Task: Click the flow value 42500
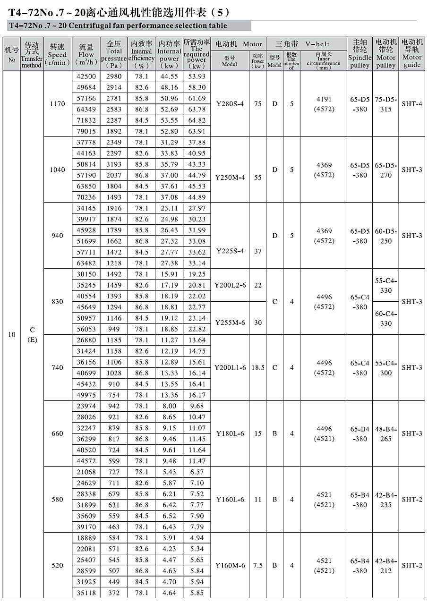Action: (x=86, y=76)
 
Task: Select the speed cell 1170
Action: (x=57, y=104)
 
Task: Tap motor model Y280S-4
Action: (x=230, y=104)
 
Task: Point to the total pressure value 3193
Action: (x=114, y=164)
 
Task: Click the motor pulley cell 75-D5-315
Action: (x=386, y=104)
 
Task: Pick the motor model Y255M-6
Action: (x=230, y=322)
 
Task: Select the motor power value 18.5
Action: (x=257, y=367)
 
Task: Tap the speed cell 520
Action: (x=57, y=565)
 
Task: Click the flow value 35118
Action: (x=86, y=593)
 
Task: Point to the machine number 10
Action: (x=12, y=335)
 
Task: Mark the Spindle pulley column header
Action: (x=360, y=54)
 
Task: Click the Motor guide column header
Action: (x=412, y=54)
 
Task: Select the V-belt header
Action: (x=306, y=44)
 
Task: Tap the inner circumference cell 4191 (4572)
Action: (x=324, y=104)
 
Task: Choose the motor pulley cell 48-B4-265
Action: (x=386, y=433)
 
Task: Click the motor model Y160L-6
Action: (x=230, y=500)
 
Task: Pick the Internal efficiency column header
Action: (x=142, y=54)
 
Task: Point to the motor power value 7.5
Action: (x=257, y=565)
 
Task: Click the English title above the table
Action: (x=118, y=26)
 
